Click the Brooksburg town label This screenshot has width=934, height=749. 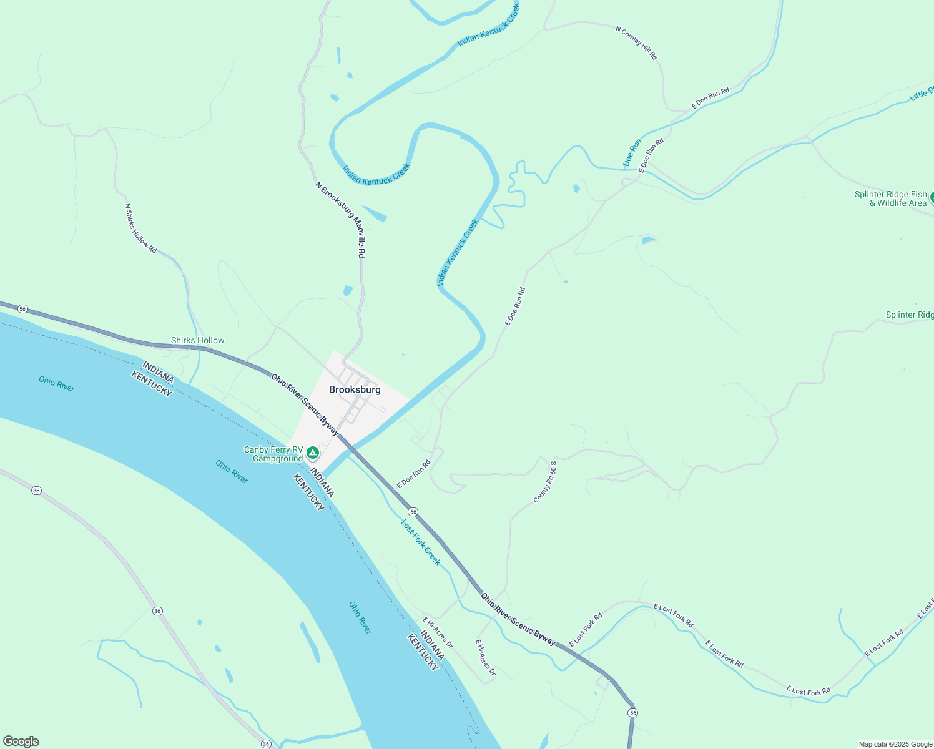[355, 389]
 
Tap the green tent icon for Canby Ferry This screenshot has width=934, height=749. [312, 452]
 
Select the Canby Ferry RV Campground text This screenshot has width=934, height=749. [273, 454]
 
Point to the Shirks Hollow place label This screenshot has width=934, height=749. [197, 340]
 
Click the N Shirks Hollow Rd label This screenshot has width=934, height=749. [140, 228]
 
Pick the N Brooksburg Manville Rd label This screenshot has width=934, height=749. [340, 220]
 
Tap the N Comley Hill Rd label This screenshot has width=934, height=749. [636, 42]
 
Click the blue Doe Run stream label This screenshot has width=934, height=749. [632, 153]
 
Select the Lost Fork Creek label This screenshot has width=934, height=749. [421, 542]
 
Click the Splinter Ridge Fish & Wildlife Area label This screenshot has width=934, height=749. [891, 198]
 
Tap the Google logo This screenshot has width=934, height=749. [21, 742]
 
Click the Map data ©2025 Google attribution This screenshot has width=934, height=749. [895, 744]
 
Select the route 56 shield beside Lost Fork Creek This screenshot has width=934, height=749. [413, 512]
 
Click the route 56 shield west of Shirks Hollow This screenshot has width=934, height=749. [22, 309]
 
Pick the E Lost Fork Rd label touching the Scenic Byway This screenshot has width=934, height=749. [586, 630]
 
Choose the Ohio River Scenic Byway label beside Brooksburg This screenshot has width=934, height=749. [305, 404]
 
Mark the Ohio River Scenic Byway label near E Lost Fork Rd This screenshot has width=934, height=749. [518, 619]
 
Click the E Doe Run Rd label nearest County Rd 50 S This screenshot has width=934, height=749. [413, 474]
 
